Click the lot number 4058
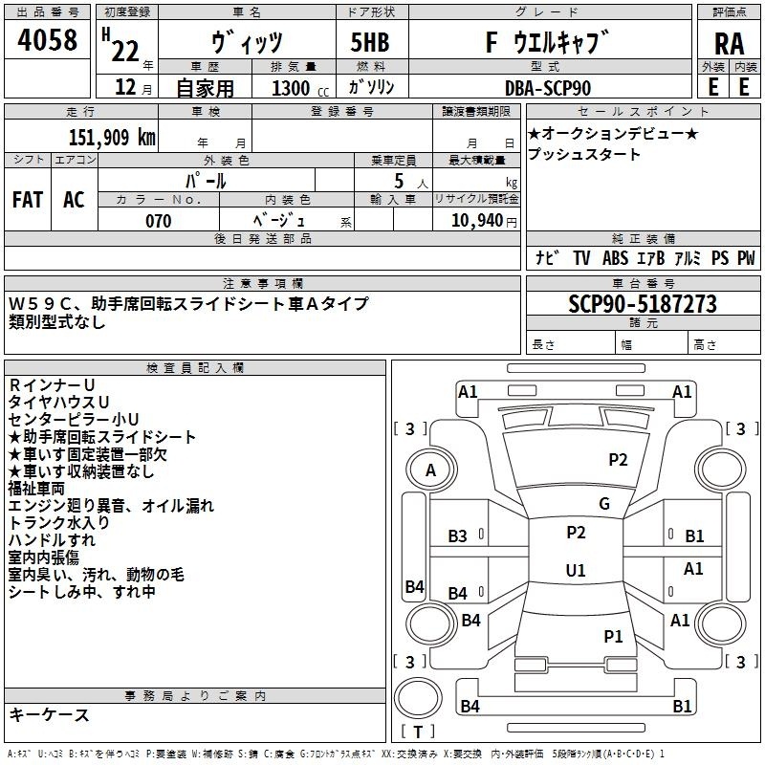47,40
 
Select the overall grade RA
729,44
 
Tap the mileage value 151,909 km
112,138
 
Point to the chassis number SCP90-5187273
643,303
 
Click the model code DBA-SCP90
548,88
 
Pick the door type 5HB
370,42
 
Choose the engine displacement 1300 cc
300,89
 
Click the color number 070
159,221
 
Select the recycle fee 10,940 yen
484,221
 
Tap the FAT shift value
28,200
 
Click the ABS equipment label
615,258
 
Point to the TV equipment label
581,258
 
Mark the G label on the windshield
604,504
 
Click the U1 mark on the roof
576,570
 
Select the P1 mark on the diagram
613,636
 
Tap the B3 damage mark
458,536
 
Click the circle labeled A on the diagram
431,470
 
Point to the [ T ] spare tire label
418,732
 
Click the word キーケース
49,714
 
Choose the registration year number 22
125,51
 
